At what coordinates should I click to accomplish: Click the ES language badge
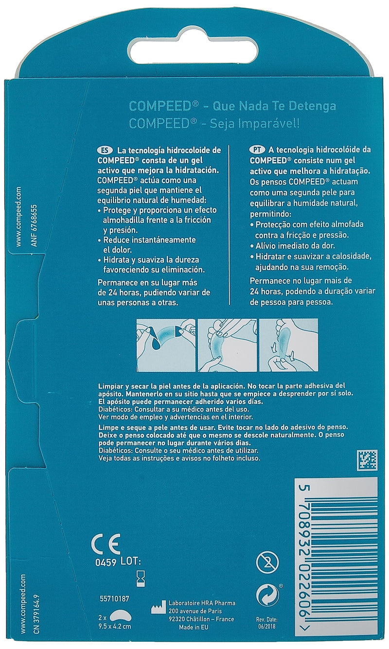pos(104,151)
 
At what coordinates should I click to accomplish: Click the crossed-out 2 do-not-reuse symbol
pos(267,563)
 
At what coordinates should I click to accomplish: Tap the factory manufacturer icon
pos(158,607)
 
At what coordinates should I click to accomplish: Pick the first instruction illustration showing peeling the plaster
pos(165,345)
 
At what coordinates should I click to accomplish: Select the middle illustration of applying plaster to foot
pos(227,345)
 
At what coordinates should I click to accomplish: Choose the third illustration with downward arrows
pos(288,345)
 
